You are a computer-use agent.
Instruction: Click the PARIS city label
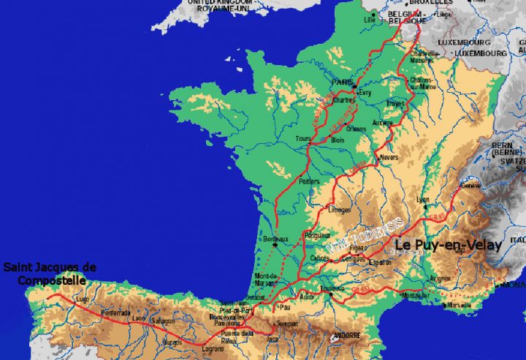(342, 83)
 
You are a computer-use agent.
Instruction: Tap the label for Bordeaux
(275, 239)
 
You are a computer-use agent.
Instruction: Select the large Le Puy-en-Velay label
(448, 245)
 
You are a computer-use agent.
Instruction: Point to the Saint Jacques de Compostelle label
(50, 273)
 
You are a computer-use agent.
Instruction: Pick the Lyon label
(421, 199)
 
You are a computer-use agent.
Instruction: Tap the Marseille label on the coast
(459, 305)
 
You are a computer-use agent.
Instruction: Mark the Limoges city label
(340, 210)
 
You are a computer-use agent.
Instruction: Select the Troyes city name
(395, 104)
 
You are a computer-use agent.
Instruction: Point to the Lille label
(369, 20)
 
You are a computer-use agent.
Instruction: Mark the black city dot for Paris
(354, 87)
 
